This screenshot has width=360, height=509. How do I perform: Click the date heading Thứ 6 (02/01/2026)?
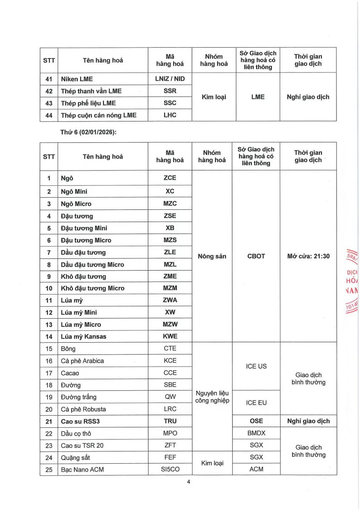[x=85, y=132]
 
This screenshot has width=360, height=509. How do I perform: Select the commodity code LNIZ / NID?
[x=170, y=79]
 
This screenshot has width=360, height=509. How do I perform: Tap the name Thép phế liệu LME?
[x=88, y=103]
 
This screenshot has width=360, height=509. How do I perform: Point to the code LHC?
[x=170, y=115]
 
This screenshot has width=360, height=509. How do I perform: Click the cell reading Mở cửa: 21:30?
[x=308, y=256]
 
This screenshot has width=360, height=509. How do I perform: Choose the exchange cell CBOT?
[x=256, y=256]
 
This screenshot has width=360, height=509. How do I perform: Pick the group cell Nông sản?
[x=212, y=257]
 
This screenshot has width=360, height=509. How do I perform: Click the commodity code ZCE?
[x=170, y=178]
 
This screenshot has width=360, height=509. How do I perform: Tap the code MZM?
[x=170, y=288]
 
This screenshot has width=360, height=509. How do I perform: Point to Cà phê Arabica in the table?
[x=83, y=361]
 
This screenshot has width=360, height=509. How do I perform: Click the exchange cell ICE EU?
[x=256, y=402]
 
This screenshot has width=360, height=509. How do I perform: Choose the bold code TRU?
[x=170, y=421]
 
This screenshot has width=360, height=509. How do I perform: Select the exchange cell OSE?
[x=256, y=421]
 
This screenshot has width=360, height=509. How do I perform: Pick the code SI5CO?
[x=170, y=470]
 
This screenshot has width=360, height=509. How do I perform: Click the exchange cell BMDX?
[x=256, y=433]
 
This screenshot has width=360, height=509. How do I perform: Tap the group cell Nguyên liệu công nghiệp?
[x=212, y=397]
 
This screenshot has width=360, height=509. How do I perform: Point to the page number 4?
[x=188, y=482]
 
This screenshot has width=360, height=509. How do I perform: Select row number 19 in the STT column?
[x=49, y=397]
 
